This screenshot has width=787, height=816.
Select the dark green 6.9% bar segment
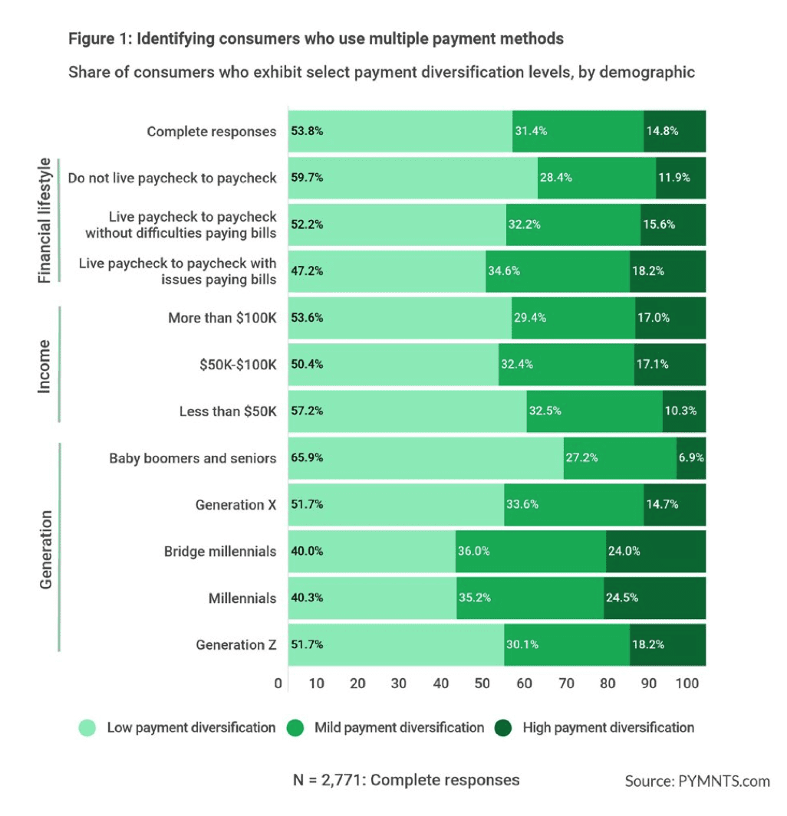coord(691,458)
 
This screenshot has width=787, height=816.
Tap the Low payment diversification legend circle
coord(88,728)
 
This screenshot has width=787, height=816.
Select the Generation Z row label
coord(235,644)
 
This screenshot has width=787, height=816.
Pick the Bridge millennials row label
coord(220,551)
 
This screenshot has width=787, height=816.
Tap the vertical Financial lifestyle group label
coord(44,221)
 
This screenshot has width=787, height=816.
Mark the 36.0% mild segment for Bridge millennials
coord(531,551)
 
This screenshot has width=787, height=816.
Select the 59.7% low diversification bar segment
coord(413,178)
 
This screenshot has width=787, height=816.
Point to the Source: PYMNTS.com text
coord(697,781)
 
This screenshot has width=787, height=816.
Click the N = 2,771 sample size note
coord(407,780)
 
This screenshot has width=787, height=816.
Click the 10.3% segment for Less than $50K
coord(683,411)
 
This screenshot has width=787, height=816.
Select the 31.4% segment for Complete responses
coord(578,131)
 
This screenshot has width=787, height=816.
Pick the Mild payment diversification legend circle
coord(296,728)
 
